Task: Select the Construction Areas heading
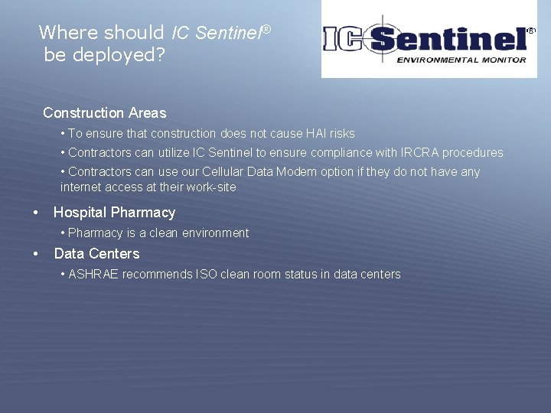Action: tap(104, 113)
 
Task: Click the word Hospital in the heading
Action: tap(82, 213)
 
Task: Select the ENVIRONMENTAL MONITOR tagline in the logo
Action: tap(461, 60)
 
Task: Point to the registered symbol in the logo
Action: tap(531, 31)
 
